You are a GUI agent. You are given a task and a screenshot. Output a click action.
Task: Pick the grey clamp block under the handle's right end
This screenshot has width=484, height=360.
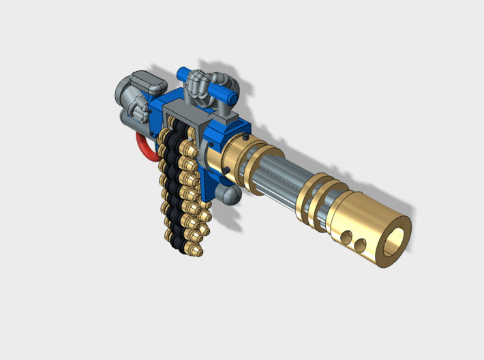[x=228, y=119]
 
